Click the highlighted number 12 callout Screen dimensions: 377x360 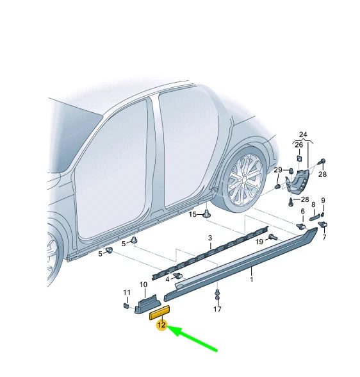(x=161, y=325)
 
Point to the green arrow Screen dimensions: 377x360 (x=195, y=339)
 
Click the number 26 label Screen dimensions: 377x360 (x=299, y=145)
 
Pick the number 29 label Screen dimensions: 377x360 (x=278, y=170)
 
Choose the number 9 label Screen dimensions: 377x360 (x=323, y=200)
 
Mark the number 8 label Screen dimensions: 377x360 (x=313, y=206)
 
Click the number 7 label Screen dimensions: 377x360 (x=324, y=237)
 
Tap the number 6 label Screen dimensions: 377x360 (x=302, y=211)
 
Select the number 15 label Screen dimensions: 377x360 (x=193, y=214)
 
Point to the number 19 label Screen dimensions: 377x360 (x=259, y=242)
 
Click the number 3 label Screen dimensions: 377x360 (x=209, y=238)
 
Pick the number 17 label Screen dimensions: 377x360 (x=217, y=310)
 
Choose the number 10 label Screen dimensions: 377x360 (x=143, y=284)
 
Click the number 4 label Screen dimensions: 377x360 (x=167, y=279)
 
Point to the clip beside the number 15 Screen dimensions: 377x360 (x=208, y=214)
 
